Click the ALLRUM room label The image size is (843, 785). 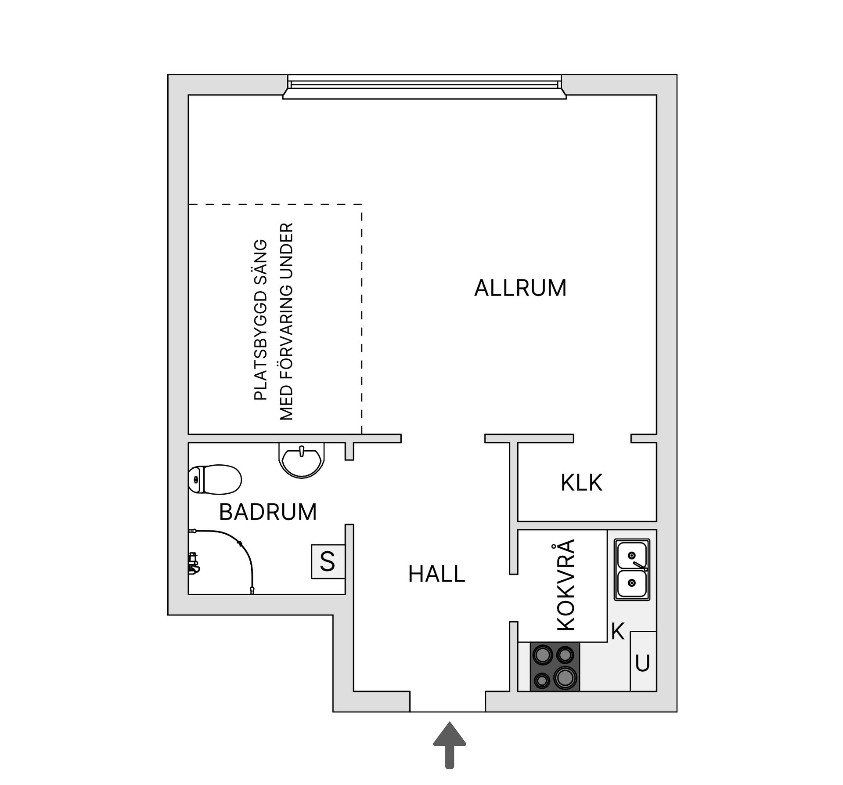(x=520, y=288)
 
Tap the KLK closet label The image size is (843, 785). (x=581, y=483)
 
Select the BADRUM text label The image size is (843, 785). (x=268, y=512)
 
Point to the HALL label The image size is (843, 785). (x=436, y=575)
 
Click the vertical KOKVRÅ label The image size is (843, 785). (x=566, y=585)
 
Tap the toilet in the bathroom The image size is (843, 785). (x=215, y=479)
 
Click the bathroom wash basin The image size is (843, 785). (x=302, y=461)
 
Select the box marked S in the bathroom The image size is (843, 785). (x=328, y=561)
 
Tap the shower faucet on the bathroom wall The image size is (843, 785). (x=193, y=564)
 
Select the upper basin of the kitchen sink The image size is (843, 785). (x=632, y=555)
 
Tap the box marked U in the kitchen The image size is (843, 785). (x=643, y=664)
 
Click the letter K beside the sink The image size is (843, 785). (x=618, y=632)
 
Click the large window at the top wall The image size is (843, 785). (x=424, y=87)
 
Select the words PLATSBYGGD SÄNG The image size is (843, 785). (x=261, y=320)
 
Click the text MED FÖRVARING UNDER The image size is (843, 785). (x=286, y=322)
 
